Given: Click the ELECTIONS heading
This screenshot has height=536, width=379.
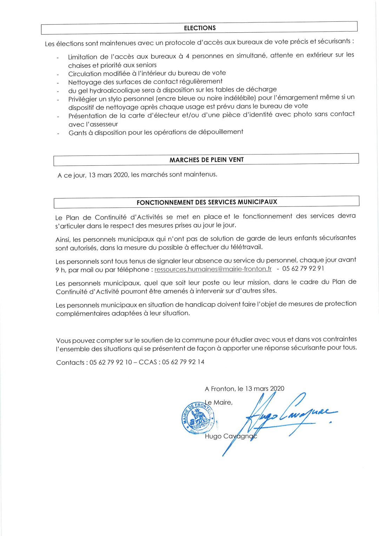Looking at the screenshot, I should [x=200, y=28].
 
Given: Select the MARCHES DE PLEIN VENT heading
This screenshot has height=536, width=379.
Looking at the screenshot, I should [x=206, y=160].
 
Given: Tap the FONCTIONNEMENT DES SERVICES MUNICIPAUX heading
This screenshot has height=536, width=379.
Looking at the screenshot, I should [x=207, y=202].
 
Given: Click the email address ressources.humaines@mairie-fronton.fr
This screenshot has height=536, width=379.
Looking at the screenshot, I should [x=213, y=269].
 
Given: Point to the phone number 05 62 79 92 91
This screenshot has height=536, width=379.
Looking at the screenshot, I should [x=303, y=269].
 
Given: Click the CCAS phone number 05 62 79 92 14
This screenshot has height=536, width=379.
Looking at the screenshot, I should [x=183, y=362].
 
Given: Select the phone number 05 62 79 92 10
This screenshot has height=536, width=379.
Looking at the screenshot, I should [x=111, y=362].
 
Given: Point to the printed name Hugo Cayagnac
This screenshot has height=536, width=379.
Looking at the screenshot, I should [x=231, y=436].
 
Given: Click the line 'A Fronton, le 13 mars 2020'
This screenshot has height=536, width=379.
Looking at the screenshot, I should [x=244, y=389].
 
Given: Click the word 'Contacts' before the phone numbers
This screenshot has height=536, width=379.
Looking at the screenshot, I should [x=70, y=363].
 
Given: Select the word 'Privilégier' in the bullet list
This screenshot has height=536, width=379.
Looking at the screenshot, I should [x=86, y=99].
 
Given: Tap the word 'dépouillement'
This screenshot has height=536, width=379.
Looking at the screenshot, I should [x=220, y=132].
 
